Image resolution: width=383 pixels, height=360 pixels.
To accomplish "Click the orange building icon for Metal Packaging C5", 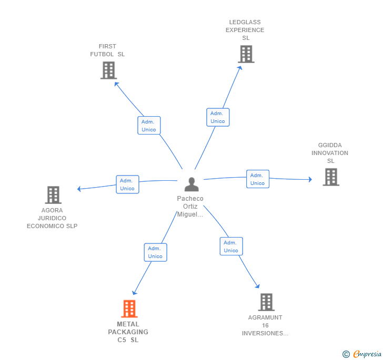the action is pos(129,308).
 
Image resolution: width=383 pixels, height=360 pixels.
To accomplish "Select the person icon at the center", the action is pos(191,184).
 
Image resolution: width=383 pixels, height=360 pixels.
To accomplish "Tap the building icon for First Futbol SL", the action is pos(109,70).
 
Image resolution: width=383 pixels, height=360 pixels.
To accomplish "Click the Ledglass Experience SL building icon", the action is pos(246,54).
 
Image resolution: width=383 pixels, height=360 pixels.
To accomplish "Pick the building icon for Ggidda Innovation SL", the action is pos(331,177).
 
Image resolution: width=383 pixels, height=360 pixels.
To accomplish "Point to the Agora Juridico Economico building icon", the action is pos(53,195).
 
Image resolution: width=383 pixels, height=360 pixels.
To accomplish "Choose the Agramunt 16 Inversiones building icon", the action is pos(266,302).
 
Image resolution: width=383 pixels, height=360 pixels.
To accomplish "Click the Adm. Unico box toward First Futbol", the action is pos(149,126).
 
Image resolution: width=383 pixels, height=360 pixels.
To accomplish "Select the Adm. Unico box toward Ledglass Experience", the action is pos(218,117).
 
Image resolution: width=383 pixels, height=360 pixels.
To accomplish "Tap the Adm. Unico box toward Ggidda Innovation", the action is pos(258,179).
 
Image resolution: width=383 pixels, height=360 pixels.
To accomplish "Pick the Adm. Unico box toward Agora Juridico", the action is pos(127,184).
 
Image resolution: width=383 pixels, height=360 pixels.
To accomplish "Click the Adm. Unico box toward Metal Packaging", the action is pos(156,252).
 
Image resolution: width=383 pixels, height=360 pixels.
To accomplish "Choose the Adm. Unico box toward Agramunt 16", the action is pos(231,246).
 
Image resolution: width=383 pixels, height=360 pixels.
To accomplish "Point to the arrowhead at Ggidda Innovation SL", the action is pos(310,179).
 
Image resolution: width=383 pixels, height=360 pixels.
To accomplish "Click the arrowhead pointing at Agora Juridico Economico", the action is pos(79,189).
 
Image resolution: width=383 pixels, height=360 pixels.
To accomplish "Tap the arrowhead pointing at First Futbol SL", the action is pos(117,85).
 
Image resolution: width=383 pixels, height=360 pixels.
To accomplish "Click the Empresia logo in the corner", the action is pos(362,354).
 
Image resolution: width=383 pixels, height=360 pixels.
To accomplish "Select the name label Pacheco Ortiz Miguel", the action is pos(190,206).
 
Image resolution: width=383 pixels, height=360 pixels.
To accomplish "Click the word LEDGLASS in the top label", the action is pos(245,22).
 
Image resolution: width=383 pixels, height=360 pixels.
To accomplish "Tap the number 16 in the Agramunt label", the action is pos(265,325).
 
